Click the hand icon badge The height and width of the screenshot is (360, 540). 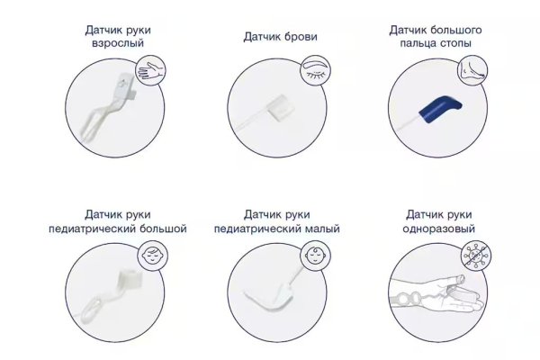(x=150, y=70)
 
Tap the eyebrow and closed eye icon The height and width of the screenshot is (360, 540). (x=316, y=70)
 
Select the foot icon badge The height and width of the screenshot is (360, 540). (x=472, y=70)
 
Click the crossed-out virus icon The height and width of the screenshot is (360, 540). (x=476, y=256)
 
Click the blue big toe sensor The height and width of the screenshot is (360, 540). (x=440, y=109)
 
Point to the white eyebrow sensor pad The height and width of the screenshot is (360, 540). (x=282, y=107)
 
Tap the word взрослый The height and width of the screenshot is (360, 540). (x=118, y=44)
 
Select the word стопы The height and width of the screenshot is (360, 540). (x=455, y=44)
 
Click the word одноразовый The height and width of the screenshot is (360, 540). (x=439, y=229)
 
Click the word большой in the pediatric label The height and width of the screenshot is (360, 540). (x=164, y=229)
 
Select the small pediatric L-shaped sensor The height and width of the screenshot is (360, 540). (x=272, y=296)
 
